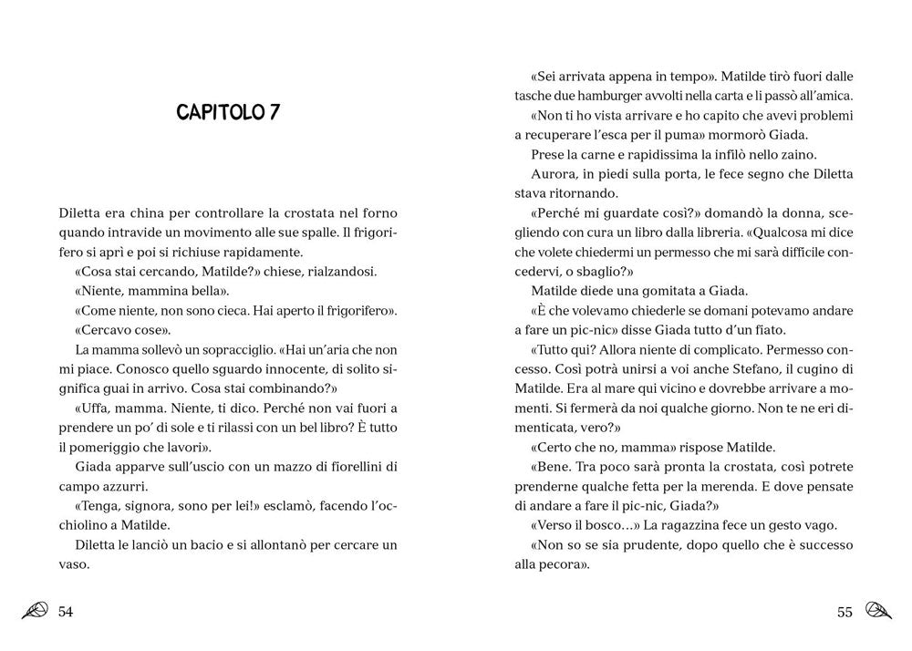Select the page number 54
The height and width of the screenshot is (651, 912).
click(x=65, y=611)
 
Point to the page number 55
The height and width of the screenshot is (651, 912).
click(x=845, y=611)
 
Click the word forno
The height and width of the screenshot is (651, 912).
click(x=379, y=213)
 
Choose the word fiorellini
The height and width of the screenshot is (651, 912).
click(x=346, y=467)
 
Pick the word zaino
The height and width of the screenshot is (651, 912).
click(x=799, y=154)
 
